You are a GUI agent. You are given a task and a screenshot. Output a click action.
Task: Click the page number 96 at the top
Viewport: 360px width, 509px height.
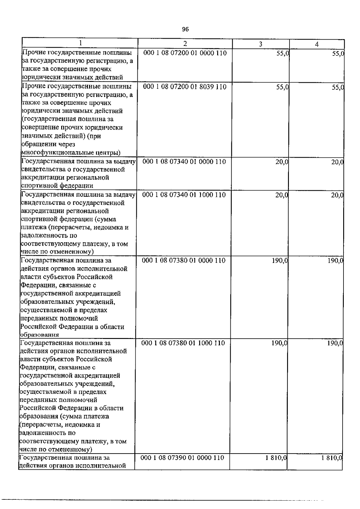185,29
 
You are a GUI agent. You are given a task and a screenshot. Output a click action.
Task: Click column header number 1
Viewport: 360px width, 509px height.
80,43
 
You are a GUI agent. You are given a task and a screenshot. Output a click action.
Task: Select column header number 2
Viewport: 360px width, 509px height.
185,43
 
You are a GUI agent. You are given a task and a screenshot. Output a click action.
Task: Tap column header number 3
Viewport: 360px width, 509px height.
261,44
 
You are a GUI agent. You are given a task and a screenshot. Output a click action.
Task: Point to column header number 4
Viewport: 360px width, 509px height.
317,44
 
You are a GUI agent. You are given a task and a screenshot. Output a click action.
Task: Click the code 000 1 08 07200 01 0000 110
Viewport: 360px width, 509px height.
185,53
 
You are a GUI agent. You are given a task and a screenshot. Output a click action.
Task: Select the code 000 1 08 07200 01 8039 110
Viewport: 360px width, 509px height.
185,87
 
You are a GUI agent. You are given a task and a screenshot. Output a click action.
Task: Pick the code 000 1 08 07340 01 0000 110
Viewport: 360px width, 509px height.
184,162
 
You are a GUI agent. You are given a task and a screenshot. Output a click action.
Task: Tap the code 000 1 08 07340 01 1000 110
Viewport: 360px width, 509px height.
184,195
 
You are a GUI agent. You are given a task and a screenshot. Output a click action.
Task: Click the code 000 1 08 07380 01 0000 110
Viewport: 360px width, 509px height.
184,260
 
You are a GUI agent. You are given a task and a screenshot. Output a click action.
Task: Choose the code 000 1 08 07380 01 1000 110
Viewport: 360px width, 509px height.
183,343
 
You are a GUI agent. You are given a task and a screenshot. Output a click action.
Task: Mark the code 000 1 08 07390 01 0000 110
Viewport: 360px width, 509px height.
182,458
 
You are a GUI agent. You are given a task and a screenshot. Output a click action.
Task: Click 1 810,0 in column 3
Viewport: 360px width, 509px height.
276,458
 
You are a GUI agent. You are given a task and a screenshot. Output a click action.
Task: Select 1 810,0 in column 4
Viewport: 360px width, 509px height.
332,458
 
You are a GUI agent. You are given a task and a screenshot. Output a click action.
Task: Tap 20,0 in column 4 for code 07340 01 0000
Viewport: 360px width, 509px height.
337,162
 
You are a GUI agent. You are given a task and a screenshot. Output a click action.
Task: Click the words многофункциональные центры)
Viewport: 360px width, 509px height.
71,153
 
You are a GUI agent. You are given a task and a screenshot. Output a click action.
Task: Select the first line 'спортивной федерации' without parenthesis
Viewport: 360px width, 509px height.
57,186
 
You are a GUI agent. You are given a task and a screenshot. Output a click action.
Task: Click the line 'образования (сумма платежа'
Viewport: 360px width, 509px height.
64,416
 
